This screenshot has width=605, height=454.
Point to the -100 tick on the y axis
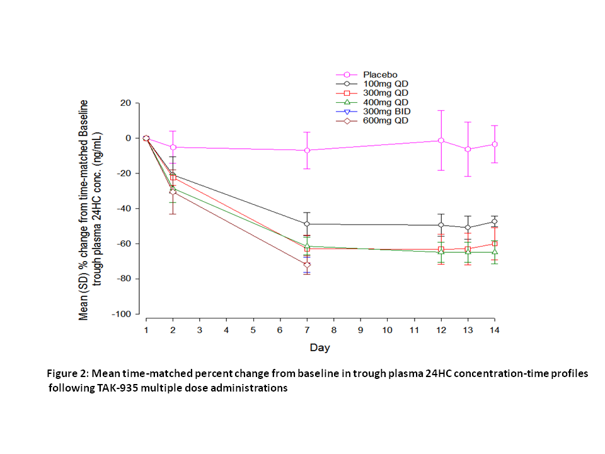point(122,314)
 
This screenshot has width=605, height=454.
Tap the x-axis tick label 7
point(307,330)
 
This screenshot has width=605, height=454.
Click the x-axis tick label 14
point(494,330)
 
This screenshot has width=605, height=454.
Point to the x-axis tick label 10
point(387,330)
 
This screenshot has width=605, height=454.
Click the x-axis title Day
point(319,347)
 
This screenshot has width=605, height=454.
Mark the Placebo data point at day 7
point(307,150)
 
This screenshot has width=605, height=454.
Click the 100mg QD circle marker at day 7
point(307,224)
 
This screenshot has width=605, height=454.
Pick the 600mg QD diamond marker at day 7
point(307,265)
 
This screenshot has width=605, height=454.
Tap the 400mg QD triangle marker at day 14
point(494,252)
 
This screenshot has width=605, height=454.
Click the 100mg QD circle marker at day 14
point(494,221)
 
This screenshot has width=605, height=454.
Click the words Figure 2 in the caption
point(69,374)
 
